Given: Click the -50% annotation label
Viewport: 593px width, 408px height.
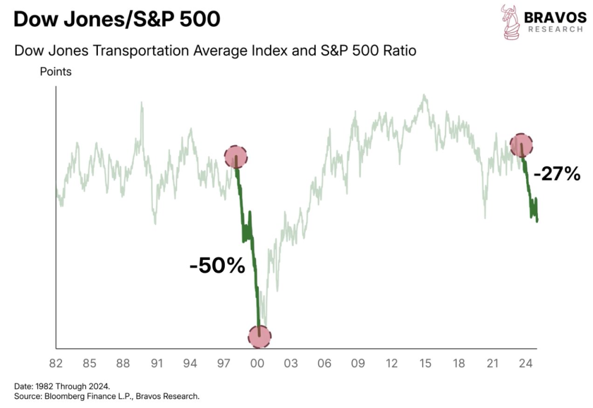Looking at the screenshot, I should pyautogui.click(x=217, y=267).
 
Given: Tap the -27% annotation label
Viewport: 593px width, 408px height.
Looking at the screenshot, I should pyautogui.click(x=556, y=174).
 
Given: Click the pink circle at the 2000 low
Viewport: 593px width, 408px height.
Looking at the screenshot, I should pyautogui.click(x=259, y=336).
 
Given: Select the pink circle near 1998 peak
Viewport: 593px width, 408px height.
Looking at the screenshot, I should pyautogui.click(x=236, y=156).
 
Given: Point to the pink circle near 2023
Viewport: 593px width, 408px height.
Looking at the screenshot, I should pyautogui.click(x=521, y=145).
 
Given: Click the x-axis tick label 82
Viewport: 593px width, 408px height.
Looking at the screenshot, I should pyautogui.click(x=56, y=364).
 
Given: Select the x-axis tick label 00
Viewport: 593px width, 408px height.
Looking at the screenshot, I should pyautogui.click(x=258, y=364).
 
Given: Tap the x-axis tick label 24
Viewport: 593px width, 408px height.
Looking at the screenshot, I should pyautogui.click(x=526, y=364).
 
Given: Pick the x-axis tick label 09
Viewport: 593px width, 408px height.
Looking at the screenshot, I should pyautogui.click(x=358, y=364).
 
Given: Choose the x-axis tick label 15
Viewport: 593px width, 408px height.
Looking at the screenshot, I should pyautogui.click(x=426, y=364).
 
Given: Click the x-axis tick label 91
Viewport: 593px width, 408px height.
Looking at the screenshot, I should pyautogui.click(x=157, y=364).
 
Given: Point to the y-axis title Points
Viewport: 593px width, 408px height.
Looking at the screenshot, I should pyautogui.click(x=56, y=72).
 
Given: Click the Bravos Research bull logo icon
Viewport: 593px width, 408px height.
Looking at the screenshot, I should pyautogui.click(x=510, y=23).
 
